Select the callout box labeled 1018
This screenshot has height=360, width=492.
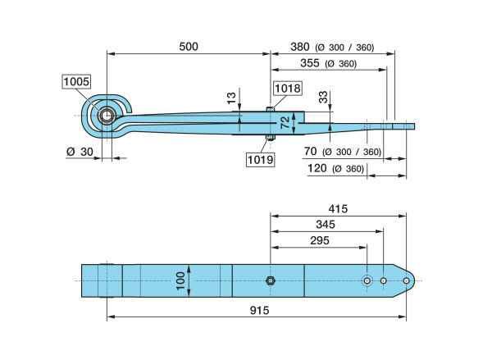pos(288,88)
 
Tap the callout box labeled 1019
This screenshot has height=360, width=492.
pos(260,160)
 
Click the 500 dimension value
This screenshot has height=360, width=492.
pos(189,47)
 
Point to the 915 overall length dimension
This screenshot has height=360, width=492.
pos(256,311)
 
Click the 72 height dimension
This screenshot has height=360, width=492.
pos(285,122)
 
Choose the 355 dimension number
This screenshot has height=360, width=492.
pos(310,63)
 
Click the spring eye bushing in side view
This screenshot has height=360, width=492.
pos(107,116)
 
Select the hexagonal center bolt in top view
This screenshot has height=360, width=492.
pos(271,281)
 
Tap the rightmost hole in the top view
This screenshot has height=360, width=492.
pos(406,281)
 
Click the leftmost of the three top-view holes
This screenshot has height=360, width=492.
pos(367,281)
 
